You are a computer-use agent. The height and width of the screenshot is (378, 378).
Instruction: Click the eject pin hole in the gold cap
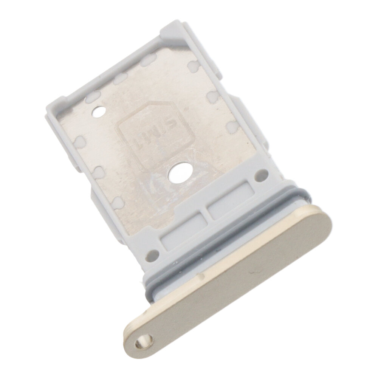click(144, 341)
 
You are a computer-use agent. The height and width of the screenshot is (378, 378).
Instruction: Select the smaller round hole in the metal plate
click(98, 112)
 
